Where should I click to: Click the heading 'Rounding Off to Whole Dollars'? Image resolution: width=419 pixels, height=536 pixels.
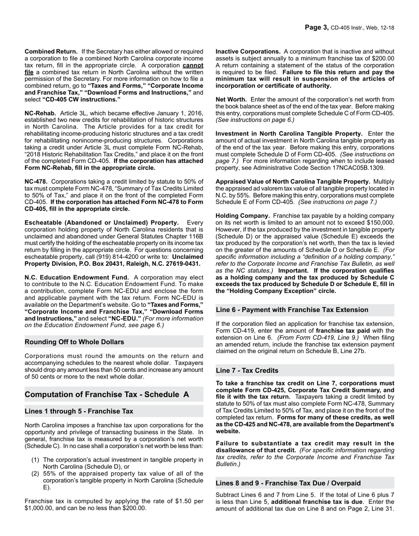[x=74, y=342]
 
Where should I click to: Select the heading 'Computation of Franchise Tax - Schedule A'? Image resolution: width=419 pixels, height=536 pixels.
[x=107, y=395]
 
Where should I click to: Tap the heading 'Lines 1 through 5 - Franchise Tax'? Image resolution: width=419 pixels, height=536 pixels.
[x=79, y=411]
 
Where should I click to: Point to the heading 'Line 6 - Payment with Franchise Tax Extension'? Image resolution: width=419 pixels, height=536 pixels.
[x=292, y=310]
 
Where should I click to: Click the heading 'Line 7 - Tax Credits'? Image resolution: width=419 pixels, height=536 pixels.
[x=247, y=371]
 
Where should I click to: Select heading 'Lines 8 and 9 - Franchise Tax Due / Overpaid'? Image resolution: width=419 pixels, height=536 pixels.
[x=288, y=483]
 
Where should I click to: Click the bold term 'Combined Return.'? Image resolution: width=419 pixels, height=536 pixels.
[x=51, y=52]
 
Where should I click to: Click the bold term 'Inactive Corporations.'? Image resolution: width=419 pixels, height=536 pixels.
[x=248, y=52]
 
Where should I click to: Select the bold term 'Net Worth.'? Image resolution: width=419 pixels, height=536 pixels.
[x=231, y=100]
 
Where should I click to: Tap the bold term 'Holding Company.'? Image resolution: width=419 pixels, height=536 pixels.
[x=243, y=216]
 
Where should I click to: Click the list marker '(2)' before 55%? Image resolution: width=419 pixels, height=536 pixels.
[x=35, y=474]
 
